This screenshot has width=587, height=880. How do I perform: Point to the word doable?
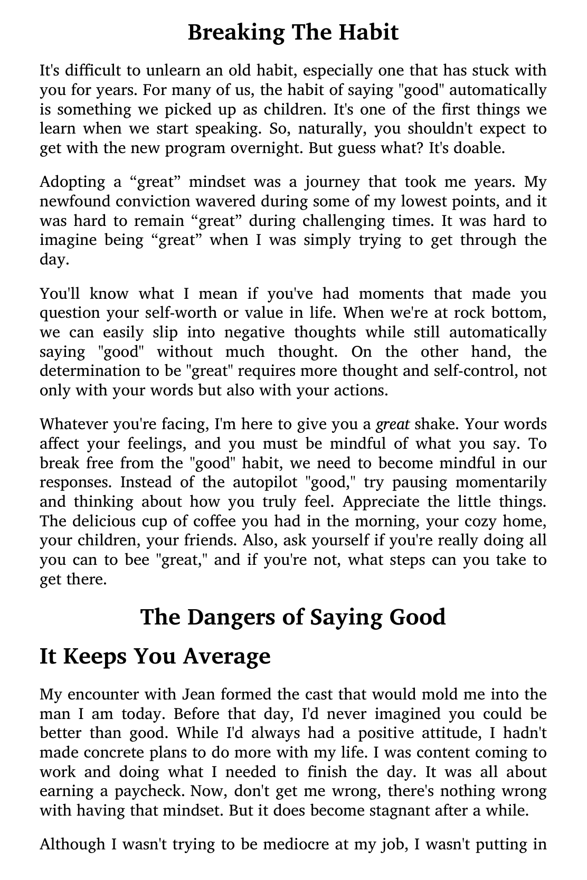coord(480,148)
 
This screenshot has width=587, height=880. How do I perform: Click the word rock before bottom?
coord(470,313)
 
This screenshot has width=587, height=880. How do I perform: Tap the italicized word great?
coord(392,424)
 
